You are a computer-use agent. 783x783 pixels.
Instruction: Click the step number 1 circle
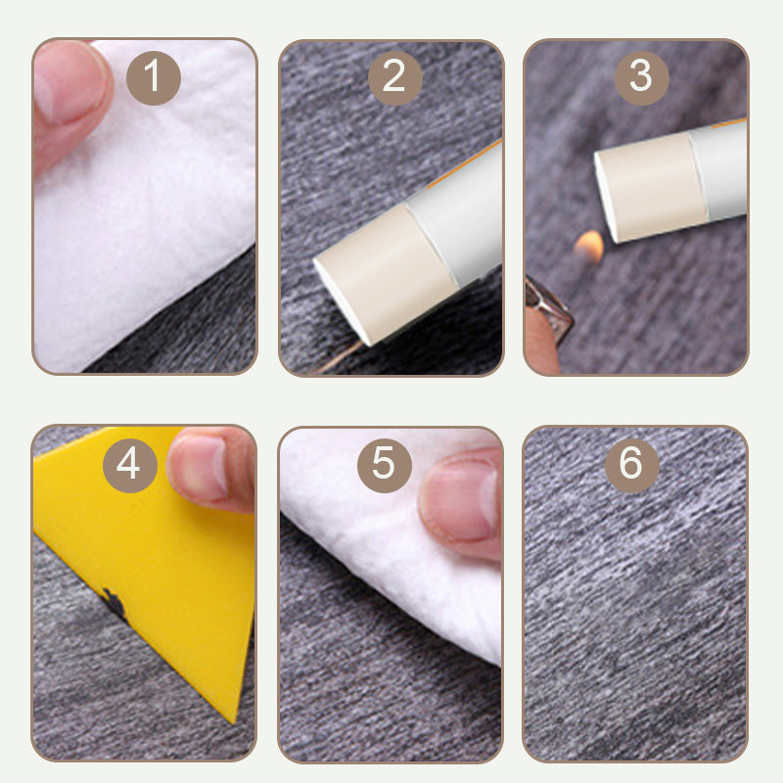click(x=154, y=78)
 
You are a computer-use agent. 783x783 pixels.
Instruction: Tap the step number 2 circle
click(x=395, y=78)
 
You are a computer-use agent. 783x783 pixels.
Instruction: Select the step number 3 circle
click(x=642, y=78)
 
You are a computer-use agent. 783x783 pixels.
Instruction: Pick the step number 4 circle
click(x=130, y=466)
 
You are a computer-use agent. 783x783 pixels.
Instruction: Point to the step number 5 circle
click(x=384, y=466)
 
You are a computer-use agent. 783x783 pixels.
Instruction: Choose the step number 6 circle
click(x=631, y=466)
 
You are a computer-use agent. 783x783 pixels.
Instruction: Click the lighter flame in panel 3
click(x=589, y=248)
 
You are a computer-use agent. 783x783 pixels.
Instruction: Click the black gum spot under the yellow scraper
click(x=115, y=605)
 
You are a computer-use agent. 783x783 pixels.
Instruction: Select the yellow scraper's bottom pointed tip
click(x=233, y=722)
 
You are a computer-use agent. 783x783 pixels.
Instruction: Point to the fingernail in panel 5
click(x=462, y=499)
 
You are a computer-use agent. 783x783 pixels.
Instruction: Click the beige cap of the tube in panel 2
click(x=385, y=275)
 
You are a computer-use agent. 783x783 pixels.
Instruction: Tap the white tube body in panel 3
click(x=719, y=169)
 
